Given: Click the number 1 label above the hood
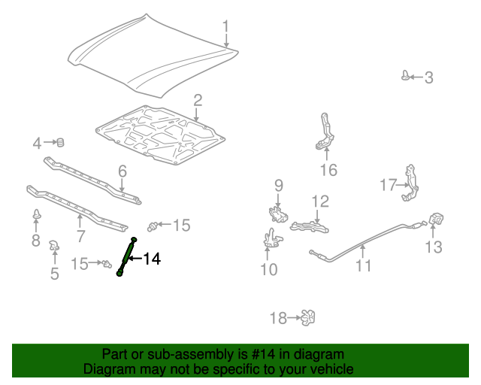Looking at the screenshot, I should pyautogui.click(x=225, y=29).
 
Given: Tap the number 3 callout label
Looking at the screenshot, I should pyautogui.click(x=428, y=77).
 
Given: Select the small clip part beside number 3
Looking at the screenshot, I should pyautogui.click(x=407, y=75).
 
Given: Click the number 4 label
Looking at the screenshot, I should pyautogui.click(x=36, y=143).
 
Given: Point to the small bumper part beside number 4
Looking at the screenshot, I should pyautogui.click(x=61, y=142).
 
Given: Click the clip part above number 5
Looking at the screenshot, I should pyautogui.click(x=54, y=244).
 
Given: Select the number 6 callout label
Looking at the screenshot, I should pyautogui.click(x=122, y=173).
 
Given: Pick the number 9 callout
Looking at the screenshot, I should pyautogui.click(x=277, y=185).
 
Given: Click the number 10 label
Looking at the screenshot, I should pyautogui.click(x=268, y=268).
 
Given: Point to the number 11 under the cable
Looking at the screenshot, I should pyautogui.click(x=364, y=265).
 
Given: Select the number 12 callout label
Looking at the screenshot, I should pyautogui.click(x=321, y=201).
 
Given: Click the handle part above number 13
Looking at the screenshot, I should pyautogui.click(x=434, y=220).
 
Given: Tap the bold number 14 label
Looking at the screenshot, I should pyautogui.click(x=152, y=259).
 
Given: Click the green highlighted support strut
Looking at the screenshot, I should pyautogui.click(x=126, y=257).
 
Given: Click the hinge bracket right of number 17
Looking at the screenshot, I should pyautogui.click(x=410, y=183).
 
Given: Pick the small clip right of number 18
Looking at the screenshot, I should pyautogui.click(x=307, y=318).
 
